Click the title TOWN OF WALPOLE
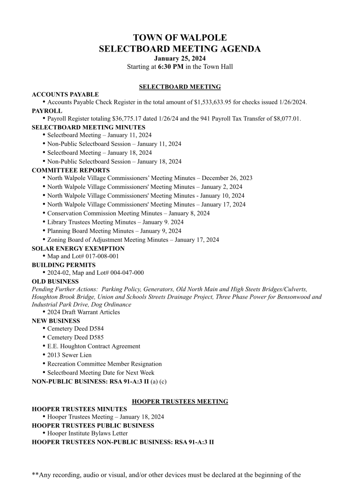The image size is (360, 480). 180,38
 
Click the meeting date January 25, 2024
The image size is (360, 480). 180,58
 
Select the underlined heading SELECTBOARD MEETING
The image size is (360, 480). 180,87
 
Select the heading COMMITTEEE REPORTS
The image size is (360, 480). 71,170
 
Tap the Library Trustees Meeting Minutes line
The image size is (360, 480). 115,222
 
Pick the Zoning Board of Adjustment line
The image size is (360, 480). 133,240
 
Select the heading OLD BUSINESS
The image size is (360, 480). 55,281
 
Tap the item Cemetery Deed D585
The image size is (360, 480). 75,337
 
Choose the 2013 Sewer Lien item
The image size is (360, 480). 69,355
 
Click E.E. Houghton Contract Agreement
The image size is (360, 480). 93,346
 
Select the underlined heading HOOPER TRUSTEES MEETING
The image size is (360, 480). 180,402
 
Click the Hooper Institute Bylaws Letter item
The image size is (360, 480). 87,434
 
